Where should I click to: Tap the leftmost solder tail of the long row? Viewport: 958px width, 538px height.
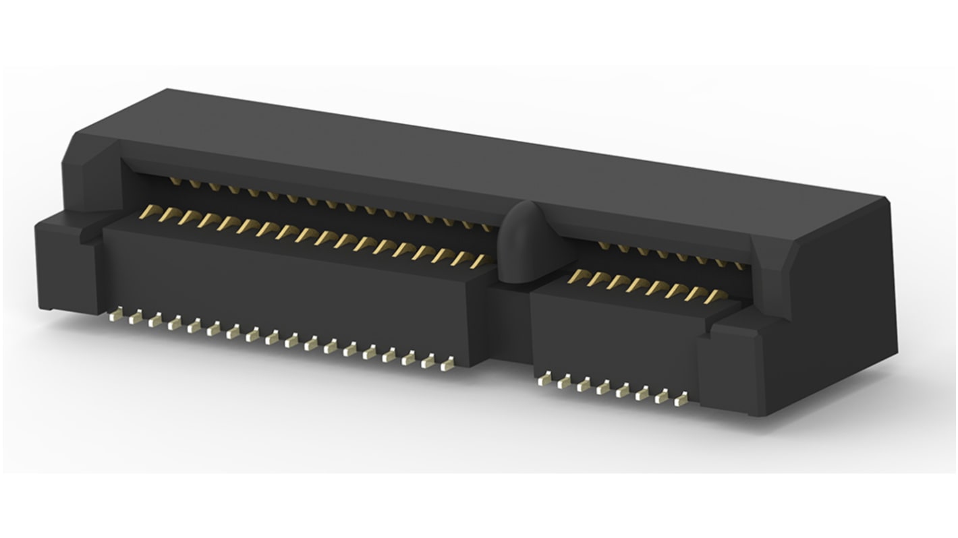point(115,313)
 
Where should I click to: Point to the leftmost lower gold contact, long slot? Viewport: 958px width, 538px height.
point(144,214)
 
